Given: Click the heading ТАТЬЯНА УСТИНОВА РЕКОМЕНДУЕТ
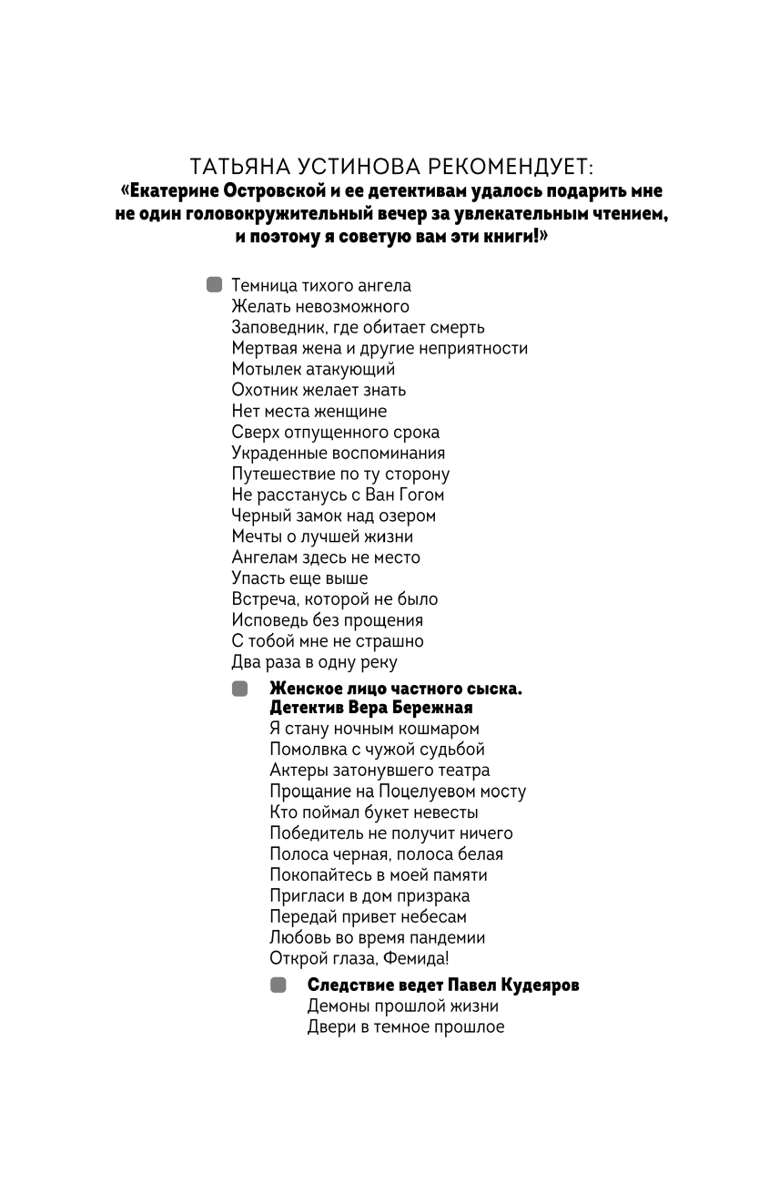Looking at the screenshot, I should pos(391,168).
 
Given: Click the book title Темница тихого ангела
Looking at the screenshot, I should pos(321,286).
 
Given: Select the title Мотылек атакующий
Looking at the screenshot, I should pos(313,370).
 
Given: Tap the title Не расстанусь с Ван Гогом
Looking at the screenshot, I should pos(338,495).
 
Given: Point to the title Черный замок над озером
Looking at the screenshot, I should pos(333,516).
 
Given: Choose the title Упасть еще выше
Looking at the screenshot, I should pos(299,579).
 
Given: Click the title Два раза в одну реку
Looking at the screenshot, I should pos(314,663).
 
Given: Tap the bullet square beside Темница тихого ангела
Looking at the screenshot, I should pos(215,285).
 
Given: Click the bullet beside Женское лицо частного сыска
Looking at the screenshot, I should pos(239,689).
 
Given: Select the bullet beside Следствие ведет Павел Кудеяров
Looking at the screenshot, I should pos(278,986).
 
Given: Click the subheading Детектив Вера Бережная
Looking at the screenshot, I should pos(371,708).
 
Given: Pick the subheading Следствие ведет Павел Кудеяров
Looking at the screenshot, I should pos(443,986).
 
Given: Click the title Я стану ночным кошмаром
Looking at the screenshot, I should pos(374,729).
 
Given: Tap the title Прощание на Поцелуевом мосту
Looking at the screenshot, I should pos(398,792).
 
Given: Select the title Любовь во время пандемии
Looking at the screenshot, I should pos(377,938).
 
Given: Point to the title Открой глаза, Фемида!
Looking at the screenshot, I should pos(359,959).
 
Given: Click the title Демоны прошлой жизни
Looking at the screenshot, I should pos(402,1006).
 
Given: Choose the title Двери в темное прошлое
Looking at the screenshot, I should pos(405,1027).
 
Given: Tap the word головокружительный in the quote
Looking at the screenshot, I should pos(291,215).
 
